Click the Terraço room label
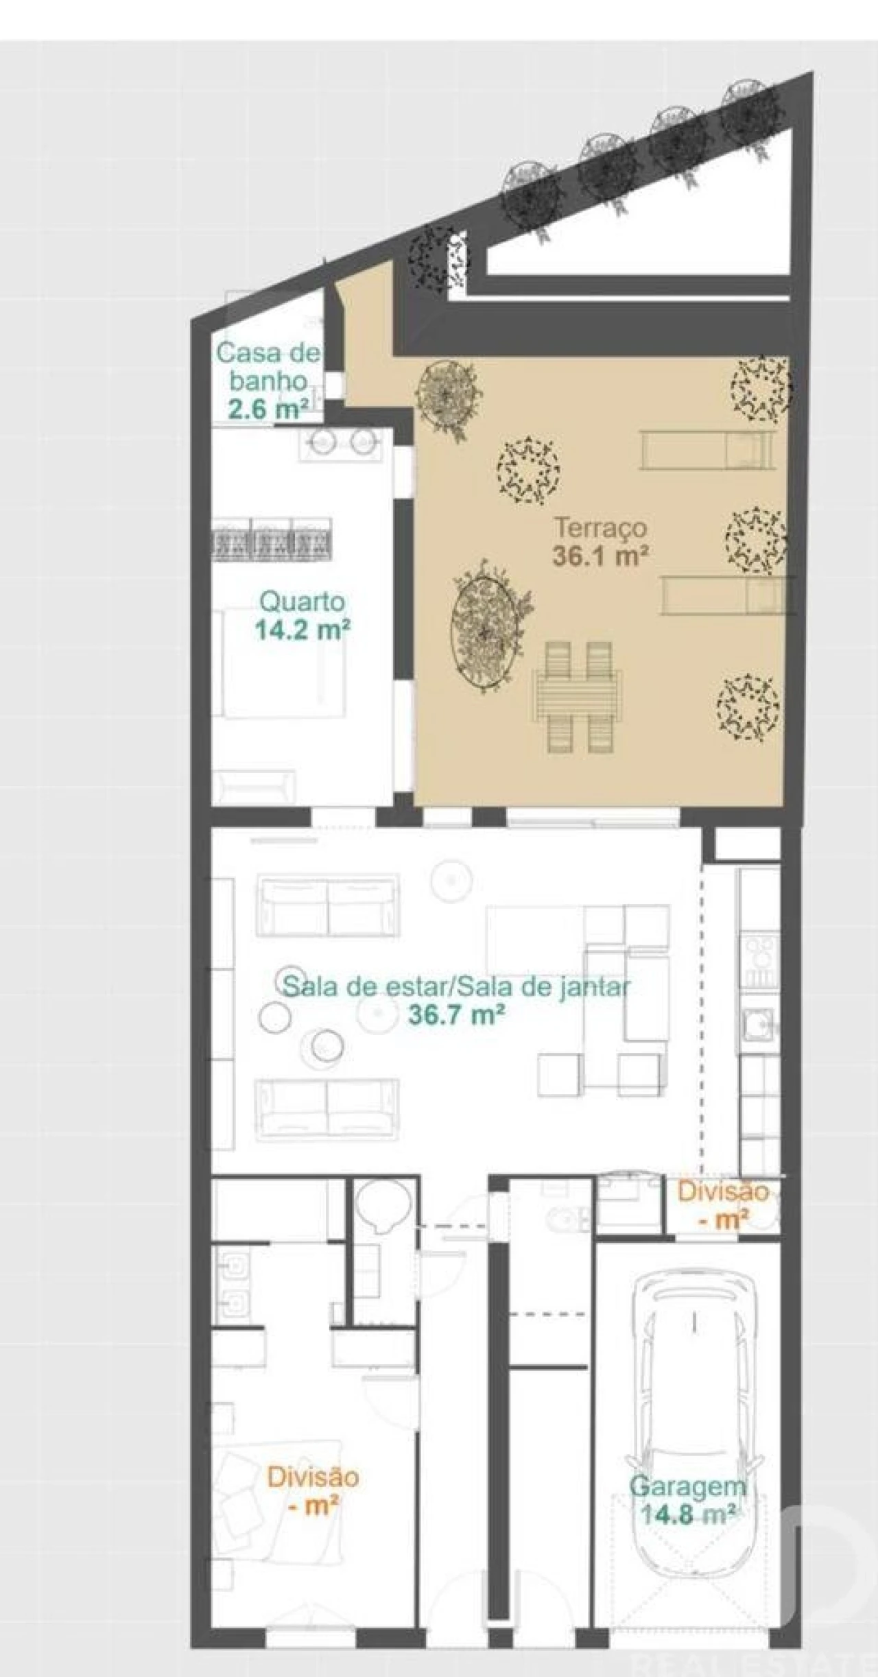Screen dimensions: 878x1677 click(601, 529)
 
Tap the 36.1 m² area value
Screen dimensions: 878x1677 click(601, 556)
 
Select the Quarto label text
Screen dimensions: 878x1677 click(302, 602)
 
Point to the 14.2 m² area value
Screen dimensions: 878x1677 click(302, 630)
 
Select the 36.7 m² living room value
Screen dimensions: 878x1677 click(457, 1014)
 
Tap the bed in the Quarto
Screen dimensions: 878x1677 click(283, 662)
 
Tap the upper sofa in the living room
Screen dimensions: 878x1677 click(328, 905)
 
